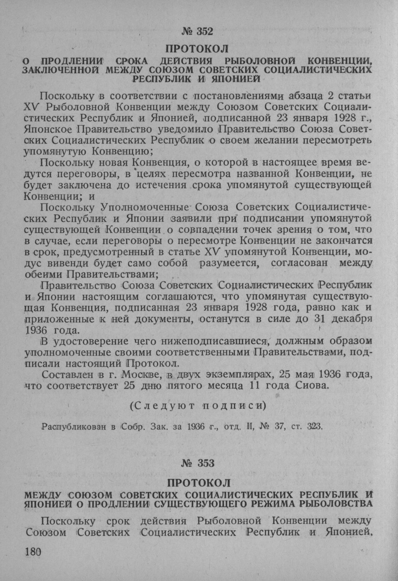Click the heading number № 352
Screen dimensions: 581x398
(x=197, y=32)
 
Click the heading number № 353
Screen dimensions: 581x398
(x=197, y=463)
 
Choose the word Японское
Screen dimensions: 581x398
(x=48, y=129)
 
